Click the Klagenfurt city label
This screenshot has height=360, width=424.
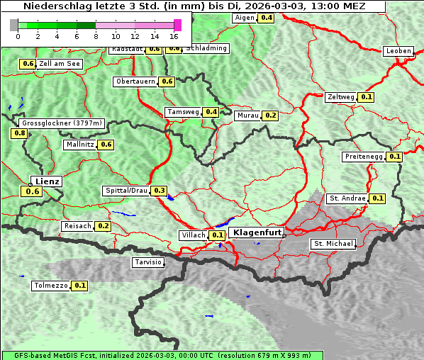click(x=257, y=232)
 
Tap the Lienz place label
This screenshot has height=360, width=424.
click(x=48, y=181)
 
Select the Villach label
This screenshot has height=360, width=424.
click(x=194, y=235)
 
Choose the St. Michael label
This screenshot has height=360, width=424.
click(x=333, y=244)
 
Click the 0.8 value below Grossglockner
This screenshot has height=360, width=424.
click(x=19, y=133)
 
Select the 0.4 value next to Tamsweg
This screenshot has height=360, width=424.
click(x=211, y=112)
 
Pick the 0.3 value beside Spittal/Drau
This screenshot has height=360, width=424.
click(x=160, y=191)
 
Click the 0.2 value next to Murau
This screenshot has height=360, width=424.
click(x=270, y=115)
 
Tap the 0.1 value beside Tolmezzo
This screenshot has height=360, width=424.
click(x=80, y=286)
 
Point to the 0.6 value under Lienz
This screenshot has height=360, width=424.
click(x=32, y=191)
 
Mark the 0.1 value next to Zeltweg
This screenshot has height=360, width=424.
click(x=367, y=96)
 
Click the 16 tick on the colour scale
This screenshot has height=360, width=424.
click(x=174, y=35)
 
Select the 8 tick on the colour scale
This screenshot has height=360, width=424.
click(x=96, y=35)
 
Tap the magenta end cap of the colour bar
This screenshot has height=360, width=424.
click(x=177, y=25)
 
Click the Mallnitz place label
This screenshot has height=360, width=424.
click(x=79, y=145)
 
